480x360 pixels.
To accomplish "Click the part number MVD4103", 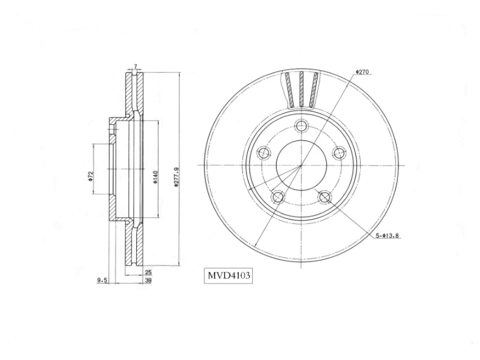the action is click(x=229, y=275).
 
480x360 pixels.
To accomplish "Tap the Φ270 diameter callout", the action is click(x=362, y=72).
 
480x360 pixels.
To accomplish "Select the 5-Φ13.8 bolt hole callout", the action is click(x=388, y=236).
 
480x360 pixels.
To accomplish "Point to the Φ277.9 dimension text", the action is click(x=176, y=177).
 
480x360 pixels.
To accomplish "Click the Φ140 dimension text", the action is click(x=155, y=177).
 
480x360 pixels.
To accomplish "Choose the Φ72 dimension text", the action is click(x=91, y=176).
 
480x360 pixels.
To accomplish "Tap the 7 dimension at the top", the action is click(x=136, y=66).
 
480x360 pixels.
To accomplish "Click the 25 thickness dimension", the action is click(x=148, y=272).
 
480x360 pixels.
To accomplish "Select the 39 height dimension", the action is click(x=148, y=280).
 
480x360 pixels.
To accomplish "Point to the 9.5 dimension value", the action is click(x=101, y=280).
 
